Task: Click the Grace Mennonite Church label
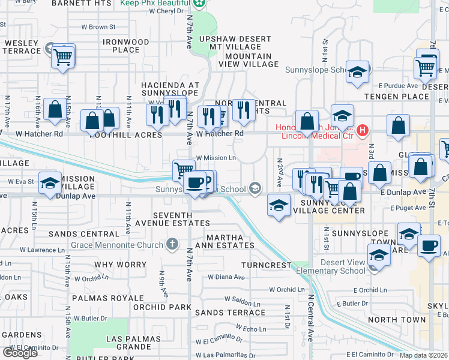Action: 116,245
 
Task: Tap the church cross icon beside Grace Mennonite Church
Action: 172,244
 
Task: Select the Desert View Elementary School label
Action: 334,266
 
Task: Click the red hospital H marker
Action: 362,130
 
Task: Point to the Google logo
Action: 20,353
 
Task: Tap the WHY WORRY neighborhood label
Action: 120,265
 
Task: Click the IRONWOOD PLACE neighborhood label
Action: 125,46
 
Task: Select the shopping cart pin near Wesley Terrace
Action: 62,58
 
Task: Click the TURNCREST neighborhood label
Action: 266,265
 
